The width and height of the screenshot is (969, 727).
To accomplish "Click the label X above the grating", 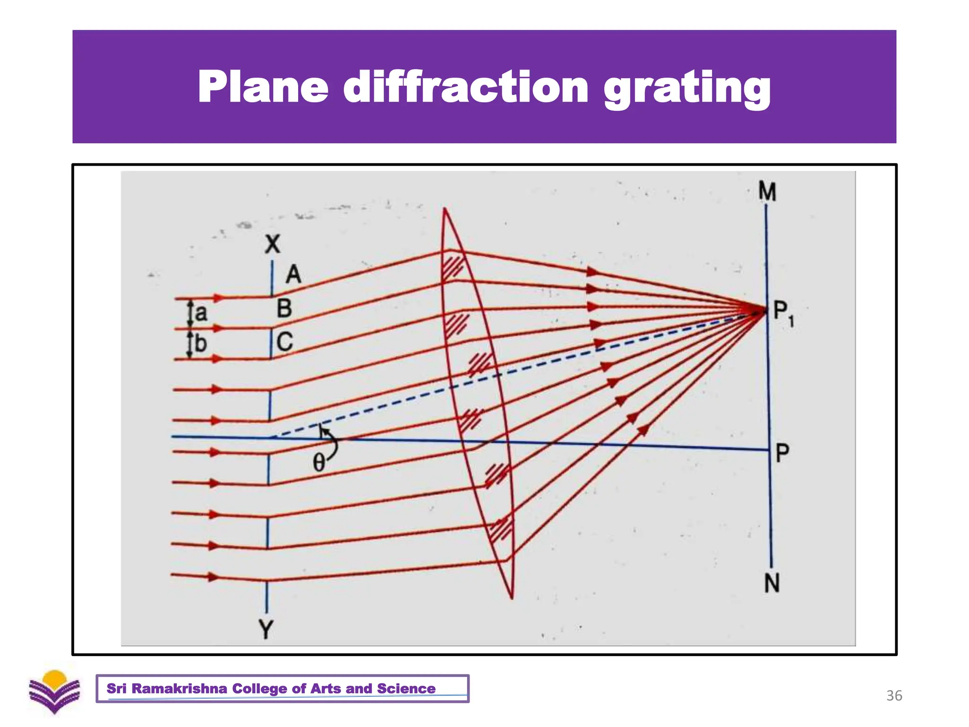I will click(273, 245).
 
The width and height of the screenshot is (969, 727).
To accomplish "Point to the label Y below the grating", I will click(266, 630).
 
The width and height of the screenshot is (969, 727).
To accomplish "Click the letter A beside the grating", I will click(293, 275).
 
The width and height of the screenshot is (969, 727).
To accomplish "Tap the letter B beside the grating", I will click(284, 309).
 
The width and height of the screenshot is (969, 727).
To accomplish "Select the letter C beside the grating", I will click(285, 342).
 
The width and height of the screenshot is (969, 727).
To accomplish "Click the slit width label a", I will click(201, 313).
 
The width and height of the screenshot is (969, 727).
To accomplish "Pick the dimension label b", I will click(201, 343).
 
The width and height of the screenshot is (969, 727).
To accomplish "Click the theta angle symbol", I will click(319, 462).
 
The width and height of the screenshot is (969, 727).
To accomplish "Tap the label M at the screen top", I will click(767, 192).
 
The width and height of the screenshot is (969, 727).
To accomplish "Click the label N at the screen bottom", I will click(772, 583).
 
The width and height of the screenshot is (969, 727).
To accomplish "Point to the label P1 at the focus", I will click(783, 313).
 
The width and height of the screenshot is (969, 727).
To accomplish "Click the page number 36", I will click(894, 695).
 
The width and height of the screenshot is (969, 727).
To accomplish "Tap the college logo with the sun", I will click(55, 692).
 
